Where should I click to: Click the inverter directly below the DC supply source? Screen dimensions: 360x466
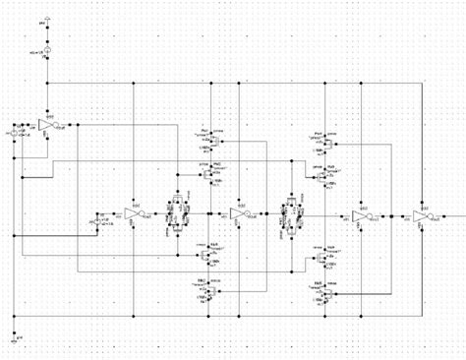46,124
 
